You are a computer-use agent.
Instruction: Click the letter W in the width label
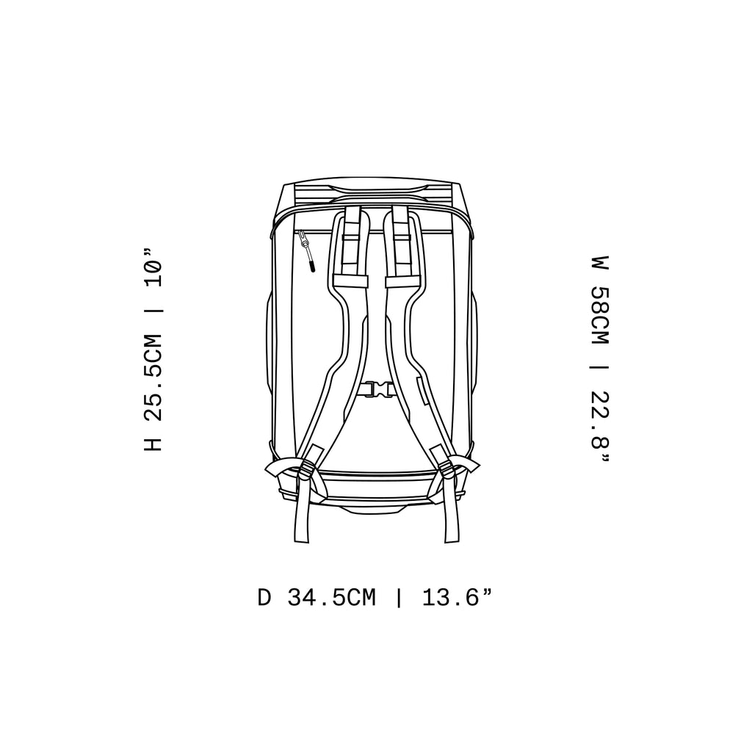point(601,262)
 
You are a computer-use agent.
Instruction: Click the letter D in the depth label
point(264,598)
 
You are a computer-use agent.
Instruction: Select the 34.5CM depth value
point(331,598)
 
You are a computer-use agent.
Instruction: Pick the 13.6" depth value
point(456,598)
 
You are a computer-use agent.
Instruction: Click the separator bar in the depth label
point(399,598)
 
